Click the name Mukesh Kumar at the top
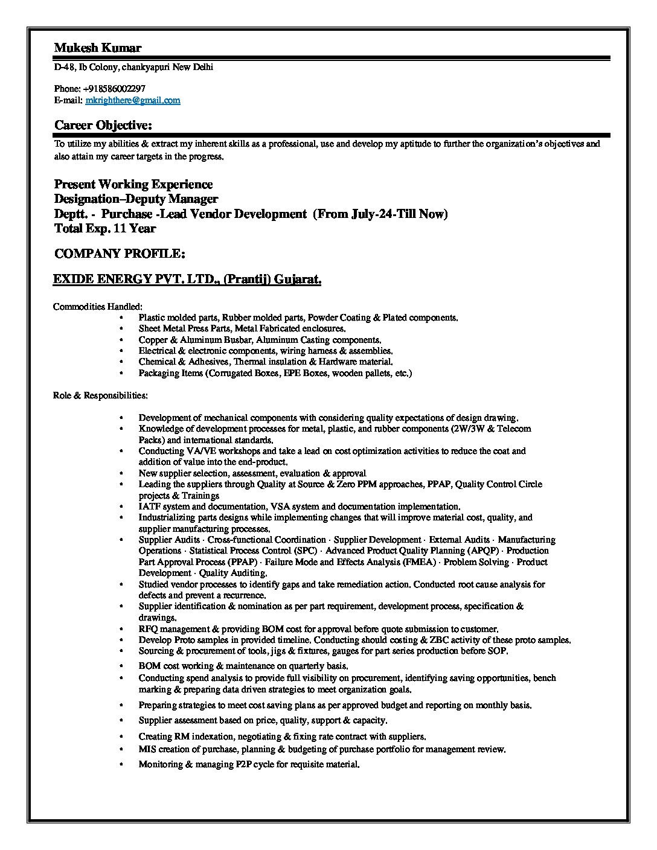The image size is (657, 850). pos(98,48)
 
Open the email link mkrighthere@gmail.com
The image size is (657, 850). pos(132,100)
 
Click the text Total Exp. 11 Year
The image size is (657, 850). pos(105,228)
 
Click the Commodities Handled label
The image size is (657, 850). pos(98,307)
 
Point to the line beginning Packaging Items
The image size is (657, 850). pos(275,373)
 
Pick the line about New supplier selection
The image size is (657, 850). pos(252,473)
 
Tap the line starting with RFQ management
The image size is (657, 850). pos(318,628)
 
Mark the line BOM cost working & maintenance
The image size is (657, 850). pos(243,666)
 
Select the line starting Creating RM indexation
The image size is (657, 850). pos(282,737)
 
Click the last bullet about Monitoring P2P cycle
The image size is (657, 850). pos(249,764)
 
